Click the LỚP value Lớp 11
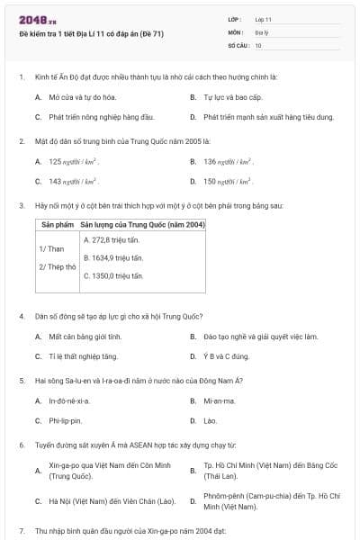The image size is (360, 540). [x=264, y=19]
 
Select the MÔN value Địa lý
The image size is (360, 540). [x=261, y=31]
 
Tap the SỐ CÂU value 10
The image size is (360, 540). [x=258, y=44]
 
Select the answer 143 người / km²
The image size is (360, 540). [x=73, y=181]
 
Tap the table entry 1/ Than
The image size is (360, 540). [x=51, y=248]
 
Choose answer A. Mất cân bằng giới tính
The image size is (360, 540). [x=84, y=337]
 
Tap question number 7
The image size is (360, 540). [x=21, y=532]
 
